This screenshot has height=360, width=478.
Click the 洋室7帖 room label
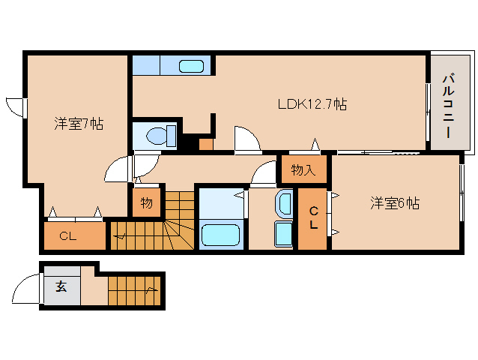[x=79, y=124]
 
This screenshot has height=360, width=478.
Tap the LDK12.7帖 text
[x=312, y=104]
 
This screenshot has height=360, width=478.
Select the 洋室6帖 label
[x=394, y=203]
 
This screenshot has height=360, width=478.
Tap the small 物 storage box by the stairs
[x=147, y=202]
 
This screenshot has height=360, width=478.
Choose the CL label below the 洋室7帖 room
[x=68, y=236]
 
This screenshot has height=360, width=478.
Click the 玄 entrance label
[x=59, y=286]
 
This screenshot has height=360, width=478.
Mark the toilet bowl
[x=158, y=136]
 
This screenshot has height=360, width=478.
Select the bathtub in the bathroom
[x=221, y=235]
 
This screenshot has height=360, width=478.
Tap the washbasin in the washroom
[x=284, y=203]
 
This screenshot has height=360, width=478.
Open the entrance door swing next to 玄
[x=26, y=288]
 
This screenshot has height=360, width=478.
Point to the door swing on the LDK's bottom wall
[x=246, y=140]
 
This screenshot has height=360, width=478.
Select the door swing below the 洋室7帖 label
[x=118, y=170]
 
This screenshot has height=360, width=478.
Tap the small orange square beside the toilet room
[x=205, y=143]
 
